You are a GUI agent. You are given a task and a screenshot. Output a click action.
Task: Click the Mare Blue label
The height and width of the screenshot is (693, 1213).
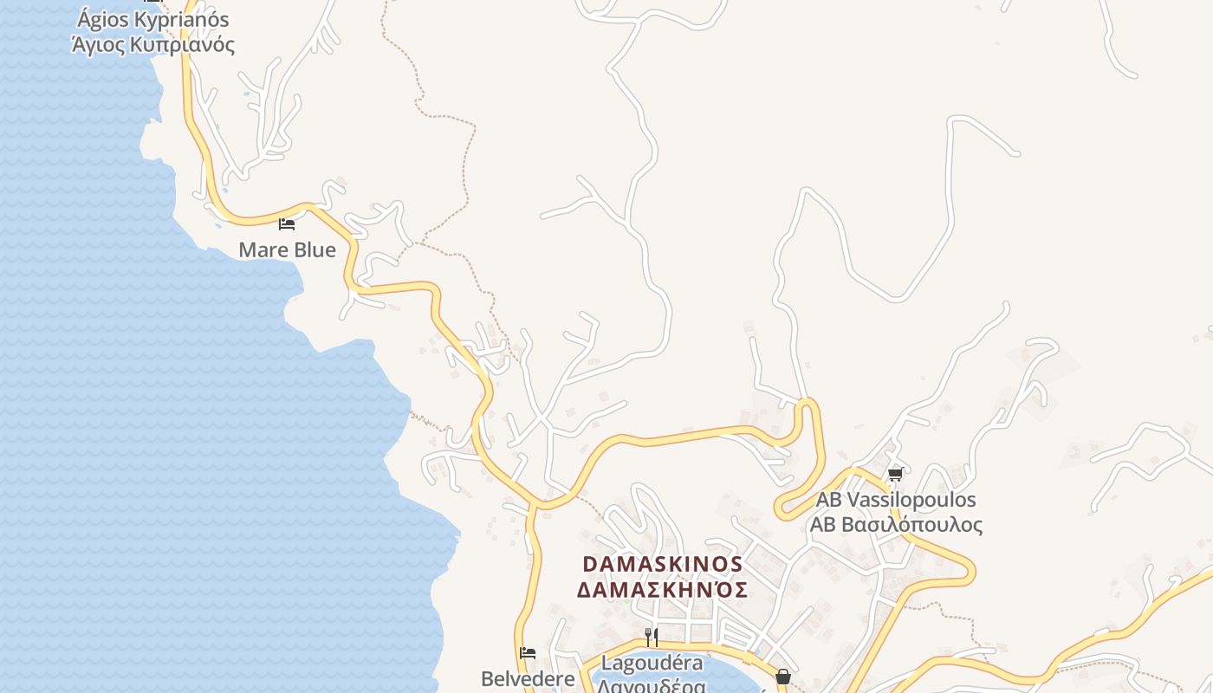click(287, 250)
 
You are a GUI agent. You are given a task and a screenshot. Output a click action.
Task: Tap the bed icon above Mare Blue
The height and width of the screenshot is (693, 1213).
click(287, 224)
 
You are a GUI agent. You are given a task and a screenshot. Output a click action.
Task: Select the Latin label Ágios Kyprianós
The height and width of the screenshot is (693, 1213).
click(153, 19)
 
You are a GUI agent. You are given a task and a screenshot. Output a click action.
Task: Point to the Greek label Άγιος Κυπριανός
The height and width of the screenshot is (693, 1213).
click(153, 44)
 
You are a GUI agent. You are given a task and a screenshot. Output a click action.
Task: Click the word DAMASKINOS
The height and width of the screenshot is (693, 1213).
click(663, 564)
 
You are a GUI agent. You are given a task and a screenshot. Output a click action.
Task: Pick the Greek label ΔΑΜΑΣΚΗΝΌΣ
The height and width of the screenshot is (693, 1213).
click(663, 590)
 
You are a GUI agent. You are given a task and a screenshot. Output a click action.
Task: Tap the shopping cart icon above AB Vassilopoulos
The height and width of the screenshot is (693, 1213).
click(895, 475)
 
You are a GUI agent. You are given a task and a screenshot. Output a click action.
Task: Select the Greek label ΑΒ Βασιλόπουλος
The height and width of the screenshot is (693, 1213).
click(896, 525)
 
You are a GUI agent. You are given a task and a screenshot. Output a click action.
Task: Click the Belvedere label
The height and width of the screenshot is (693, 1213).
click(528, 678)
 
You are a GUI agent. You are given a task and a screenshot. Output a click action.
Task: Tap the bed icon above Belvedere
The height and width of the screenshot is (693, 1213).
click(528, 652)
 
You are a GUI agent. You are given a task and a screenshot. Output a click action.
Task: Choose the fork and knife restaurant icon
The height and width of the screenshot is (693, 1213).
click(652, 638)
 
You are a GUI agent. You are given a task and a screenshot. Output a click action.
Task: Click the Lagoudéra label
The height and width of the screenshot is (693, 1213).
click(652, 664)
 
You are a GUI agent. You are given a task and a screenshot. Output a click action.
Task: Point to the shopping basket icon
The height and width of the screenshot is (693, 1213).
click(783, 677)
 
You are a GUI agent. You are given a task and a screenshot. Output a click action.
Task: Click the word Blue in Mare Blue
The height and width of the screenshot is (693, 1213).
click(313, 250)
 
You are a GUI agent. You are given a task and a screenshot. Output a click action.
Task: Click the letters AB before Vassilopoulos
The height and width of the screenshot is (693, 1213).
click(828, 500)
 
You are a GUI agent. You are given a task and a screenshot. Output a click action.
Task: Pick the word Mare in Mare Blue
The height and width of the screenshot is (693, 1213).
click(262, 250)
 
